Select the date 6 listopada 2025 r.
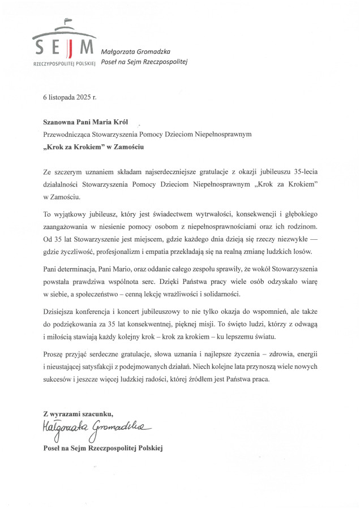[70, 97]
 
